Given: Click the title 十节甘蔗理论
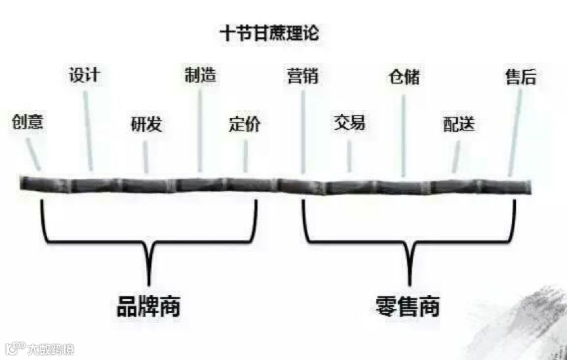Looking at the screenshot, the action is (x=269, y=33).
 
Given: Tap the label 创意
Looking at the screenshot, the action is (x=28, y=122).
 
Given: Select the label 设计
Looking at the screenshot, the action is (x=84, y=74).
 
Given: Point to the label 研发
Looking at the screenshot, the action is (x=146, y=124).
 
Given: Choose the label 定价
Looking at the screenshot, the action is (x=244, y=124).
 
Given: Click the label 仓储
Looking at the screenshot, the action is (x=403, y=77).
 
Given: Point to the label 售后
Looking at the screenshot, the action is (x=520, y=77).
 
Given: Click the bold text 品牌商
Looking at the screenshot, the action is (x=148, y=307).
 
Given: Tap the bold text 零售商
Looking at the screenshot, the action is (x=408, y=306).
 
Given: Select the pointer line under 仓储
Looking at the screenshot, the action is (x=403, y=134).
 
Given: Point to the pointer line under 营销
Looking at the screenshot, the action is (x=303, y=131).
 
